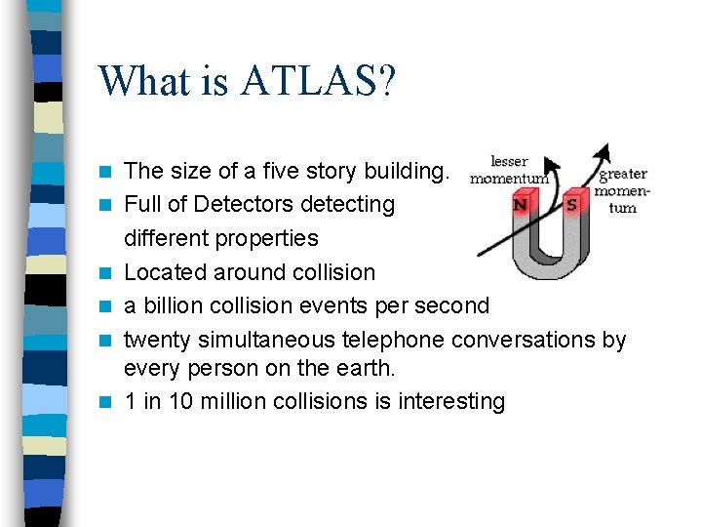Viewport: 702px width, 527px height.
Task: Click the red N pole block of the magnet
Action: tap(521, 206)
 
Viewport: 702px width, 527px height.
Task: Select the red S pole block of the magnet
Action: tap(572, 206)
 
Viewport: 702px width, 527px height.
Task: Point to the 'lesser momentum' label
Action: tap(509, 170)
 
